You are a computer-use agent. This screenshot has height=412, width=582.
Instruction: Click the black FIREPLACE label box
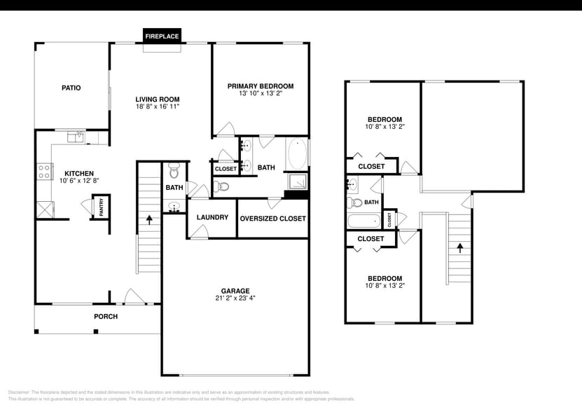coord(162,36)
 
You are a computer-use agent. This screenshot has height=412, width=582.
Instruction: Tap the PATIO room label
coord(71,88)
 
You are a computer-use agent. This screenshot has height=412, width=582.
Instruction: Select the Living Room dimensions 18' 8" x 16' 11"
coord(158,108)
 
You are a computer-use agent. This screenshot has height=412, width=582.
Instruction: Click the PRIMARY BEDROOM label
coord(261,86)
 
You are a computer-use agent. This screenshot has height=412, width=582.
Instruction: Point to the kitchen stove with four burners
coord(45,171)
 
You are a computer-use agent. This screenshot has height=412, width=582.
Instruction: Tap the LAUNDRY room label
coord(212,218)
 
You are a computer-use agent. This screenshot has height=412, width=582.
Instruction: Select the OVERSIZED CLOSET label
coord(272,219)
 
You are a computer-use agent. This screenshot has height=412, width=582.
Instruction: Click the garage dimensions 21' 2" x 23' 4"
coord(235,299)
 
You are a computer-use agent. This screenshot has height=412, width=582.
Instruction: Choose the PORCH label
coord(106,317)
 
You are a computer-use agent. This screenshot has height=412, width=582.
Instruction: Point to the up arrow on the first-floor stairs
coord(149,219)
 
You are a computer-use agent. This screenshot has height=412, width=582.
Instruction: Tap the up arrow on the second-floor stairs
coord(459,247)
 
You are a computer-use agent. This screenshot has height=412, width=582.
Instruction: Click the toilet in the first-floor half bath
coord(174,172)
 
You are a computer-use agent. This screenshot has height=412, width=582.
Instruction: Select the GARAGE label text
coord(235,291)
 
